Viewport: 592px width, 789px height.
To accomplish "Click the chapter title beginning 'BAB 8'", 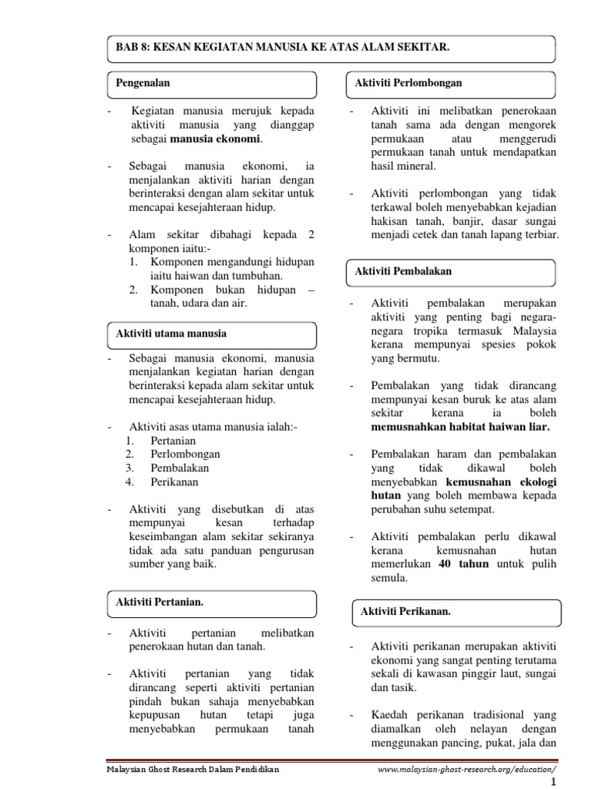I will pos(282,48).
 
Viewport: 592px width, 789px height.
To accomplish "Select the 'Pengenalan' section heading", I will pos(143,82).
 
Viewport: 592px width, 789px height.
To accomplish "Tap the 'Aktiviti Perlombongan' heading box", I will pos(409,82).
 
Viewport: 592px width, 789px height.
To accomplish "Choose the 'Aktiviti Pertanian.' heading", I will pos(160,601).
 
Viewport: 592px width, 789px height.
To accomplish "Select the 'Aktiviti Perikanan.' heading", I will pos(405,611).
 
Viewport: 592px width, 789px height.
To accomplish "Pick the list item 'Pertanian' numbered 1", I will pos(174,440).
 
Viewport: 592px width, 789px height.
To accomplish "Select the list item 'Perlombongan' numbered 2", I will pos(185,454).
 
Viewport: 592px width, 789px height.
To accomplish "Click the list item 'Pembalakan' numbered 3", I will pos(180,468).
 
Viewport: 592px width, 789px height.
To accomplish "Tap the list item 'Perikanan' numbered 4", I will pos(174,482).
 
